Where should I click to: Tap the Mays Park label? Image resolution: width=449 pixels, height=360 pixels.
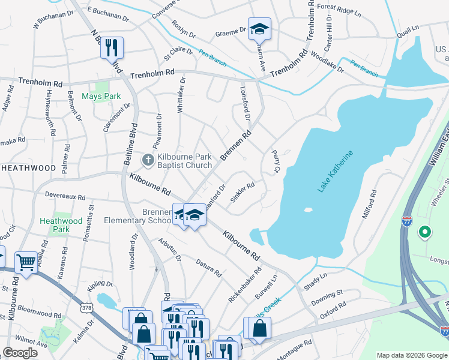tap(101, 96)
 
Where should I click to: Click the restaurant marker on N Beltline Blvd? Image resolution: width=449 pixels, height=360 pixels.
tap(112, 47)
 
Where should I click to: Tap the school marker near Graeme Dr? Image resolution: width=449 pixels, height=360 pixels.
tap(259, 29)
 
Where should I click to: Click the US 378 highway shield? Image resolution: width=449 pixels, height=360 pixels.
tap(86, 308)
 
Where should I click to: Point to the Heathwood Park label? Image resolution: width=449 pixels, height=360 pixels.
tap(61, 225)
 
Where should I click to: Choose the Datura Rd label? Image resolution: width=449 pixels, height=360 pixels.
tap(208, 267)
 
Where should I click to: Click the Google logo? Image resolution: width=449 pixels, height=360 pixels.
tap(20, 353)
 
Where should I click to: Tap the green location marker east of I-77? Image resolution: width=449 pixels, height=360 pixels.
tap(426, 231)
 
